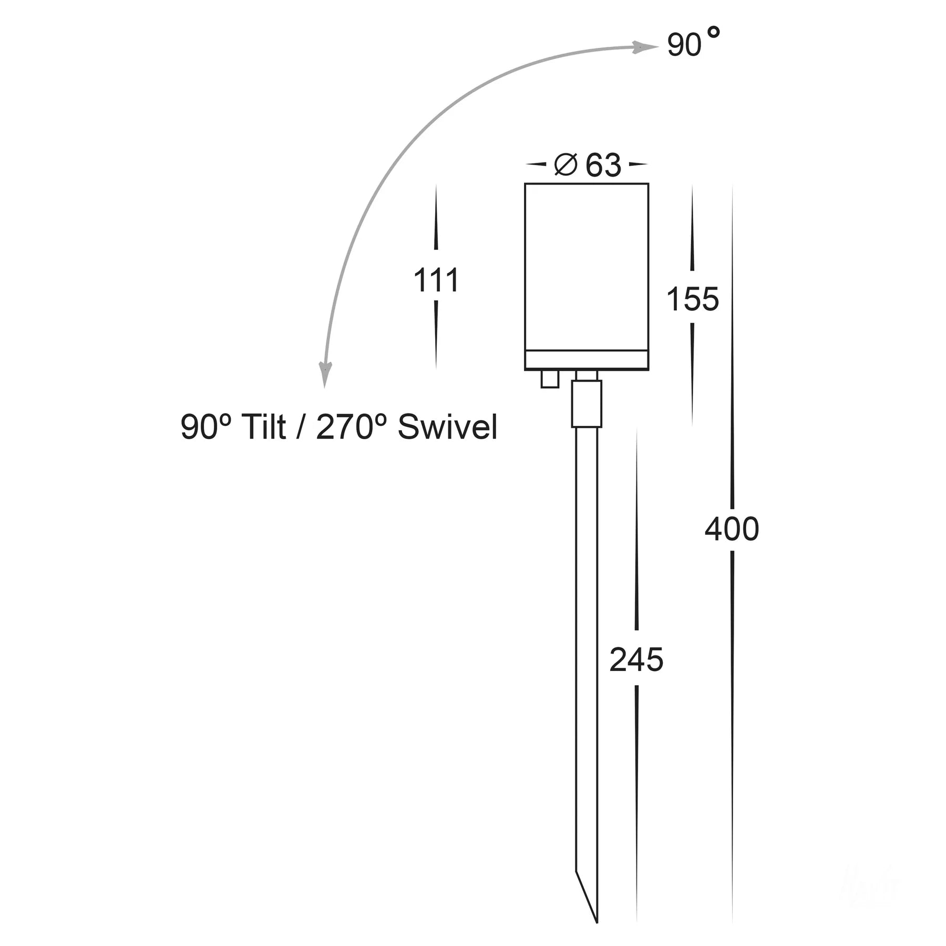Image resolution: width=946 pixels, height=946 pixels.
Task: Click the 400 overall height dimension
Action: click(732, 529)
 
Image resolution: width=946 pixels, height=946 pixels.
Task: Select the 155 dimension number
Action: click(692, 299)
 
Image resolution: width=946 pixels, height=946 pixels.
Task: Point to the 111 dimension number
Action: click(436, 280)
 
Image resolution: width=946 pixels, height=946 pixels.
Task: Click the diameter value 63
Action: click(603, 166)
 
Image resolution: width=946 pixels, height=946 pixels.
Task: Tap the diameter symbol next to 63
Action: click(566, 165)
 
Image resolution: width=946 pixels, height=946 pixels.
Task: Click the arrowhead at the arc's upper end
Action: click(644, 47)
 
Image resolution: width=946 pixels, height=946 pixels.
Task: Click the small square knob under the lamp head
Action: click(550, 379)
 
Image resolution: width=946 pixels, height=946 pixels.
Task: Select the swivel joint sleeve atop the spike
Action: click(587, 404)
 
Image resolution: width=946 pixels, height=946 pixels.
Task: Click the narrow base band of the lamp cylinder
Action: click(587, 360)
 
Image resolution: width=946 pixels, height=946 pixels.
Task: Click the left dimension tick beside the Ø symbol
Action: click(536, 164)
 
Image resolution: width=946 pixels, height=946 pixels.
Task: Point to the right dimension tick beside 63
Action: click(637, 164)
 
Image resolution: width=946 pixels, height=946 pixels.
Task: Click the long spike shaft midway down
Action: click(587, 657)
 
